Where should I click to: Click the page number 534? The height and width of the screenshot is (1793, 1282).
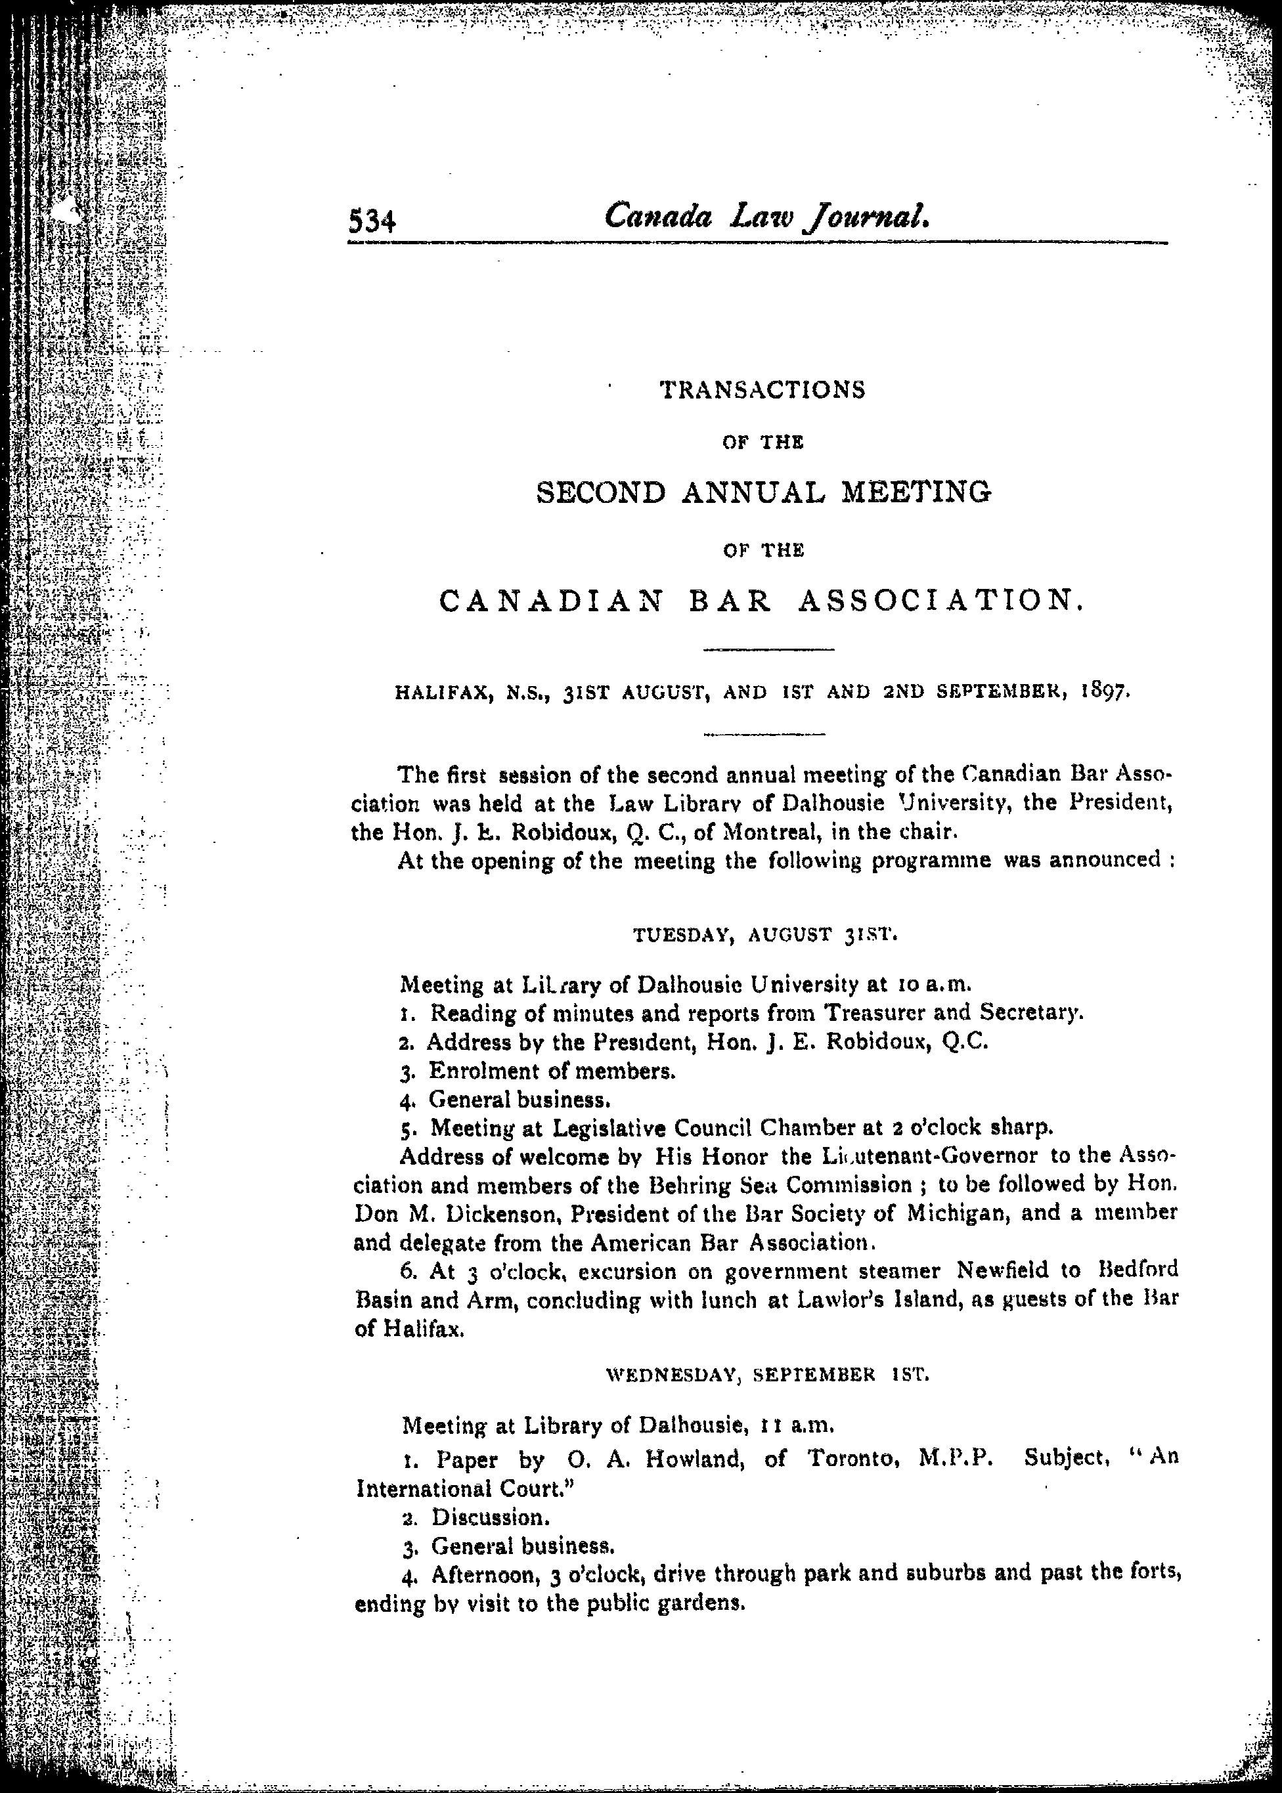[372, 222]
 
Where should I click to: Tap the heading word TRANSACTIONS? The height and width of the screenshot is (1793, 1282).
[762, 390]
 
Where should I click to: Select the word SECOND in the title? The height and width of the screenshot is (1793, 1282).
[602, 493]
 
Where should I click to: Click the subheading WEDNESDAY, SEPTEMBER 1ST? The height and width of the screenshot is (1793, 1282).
[766, 1375]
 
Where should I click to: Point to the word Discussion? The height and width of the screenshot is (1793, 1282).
[489, 1517]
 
